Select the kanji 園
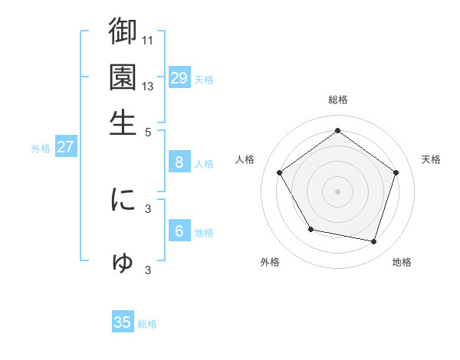[x=123, y=77]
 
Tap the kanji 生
[x=123, y=123]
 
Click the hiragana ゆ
[x=123, y=263]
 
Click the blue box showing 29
[x=179, y=78]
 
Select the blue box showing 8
[x=179, y=162]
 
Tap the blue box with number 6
[x=179, y=231]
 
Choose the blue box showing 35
[x=123, y=322]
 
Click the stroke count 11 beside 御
[x=149, y=38]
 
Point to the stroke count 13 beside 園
[x=149, y=86]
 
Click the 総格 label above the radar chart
[x=338, y=100]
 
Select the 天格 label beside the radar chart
[x=431, y=159]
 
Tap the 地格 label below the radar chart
[x=402, y=263]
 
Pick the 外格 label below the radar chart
[x=270, y=263]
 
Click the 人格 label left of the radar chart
[x=245, y=159]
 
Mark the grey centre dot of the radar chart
[x=337, y=191]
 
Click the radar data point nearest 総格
[x=337, y=130]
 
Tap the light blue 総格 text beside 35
[x=147, y=324]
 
